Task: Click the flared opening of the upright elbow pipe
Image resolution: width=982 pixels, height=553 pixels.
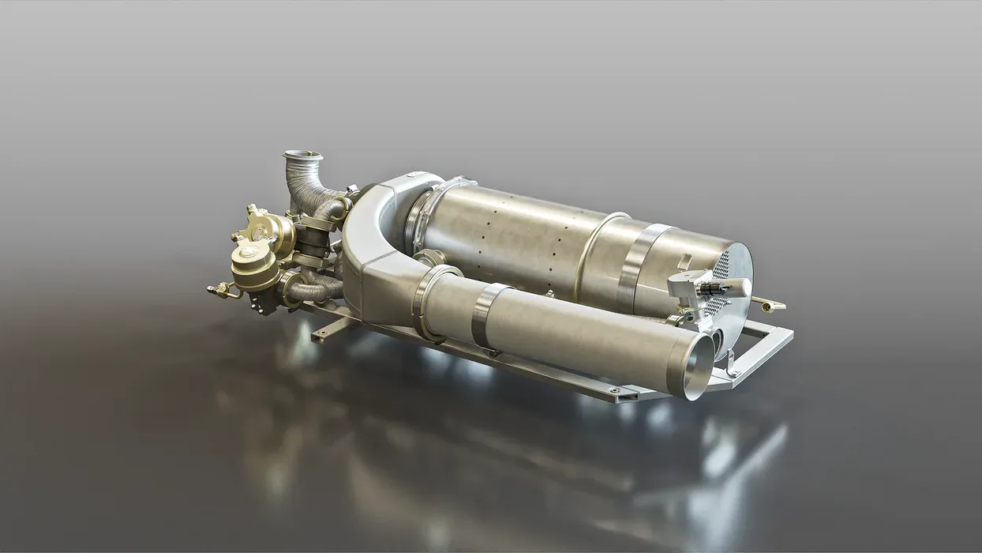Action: [x=303, y=156]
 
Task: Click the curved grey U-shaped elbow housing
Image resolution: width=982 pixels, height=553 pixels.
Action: [x=371, y=237]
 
